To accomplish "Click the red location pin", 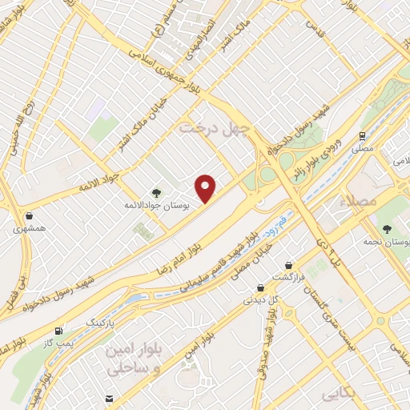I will (x=207, y=188).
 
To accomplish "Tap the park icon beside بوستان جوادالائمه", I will (x=156, y=193).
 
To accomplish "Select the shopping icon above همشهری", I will (x=29, y=215).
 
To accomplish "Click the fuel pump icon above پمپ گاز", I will (x=58, y=330).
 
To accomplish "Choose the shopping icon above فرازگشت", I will (x=288, y=264).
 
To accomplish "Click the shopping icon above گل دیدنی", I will (x=260, y=287).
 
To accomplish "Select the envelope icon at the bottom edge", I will (x=109, y=399).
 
